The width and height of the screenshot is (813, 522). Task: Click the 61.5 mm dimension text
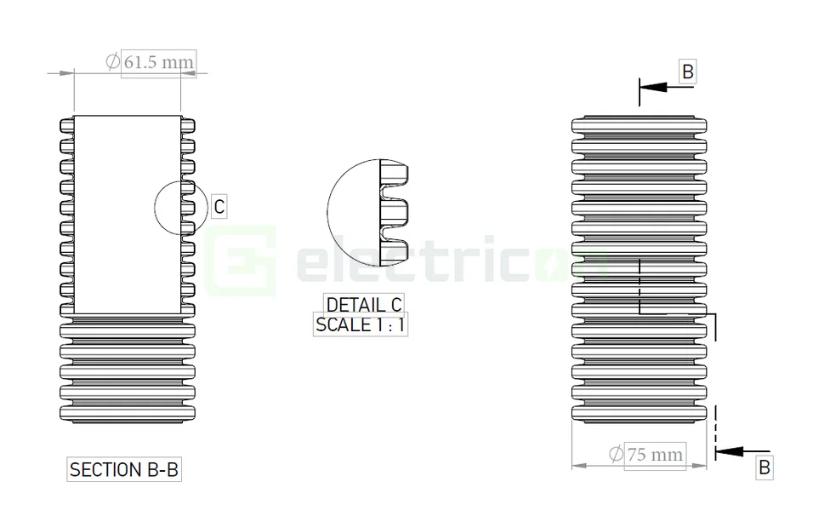pyautogui.click(x=159, y=62)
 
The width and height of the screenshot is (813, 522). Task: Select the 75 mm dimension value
pyautogui.click(x=654, y=455)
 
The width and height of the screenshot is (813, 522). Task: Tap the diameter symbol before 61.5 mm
pyautogui.click(x=112, y=61)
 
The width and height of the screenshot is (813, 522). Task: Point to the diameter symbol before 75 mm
pyautogui.click(x=616, y=455)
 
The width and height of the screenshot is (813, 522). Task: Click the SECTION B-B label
pyautogui.click(x=124, y=469)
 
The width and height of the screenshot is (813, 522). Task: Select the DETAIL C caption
pyautogui.click(x=364, y=304)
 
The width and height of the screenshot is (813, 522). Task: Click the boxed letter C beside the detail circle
pyautogui.click(x=219, y=206)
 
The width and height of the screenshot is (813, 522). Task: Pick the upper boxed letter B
pyautogui.click(x=687, y=72)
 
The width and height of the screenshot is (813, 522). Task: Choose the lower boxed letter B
pyautogui.click(x=764, y=467)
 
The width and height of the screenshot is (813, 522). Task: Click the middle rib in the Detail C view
pyautogui.click(x=398, y=209)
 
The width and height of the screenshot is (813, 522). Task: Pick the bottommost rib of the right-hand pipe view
pyautogui.click(x=639, y=413)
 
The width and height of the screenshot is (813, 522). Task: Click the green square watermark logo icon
pyautogui.click(x=243, y=260)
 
